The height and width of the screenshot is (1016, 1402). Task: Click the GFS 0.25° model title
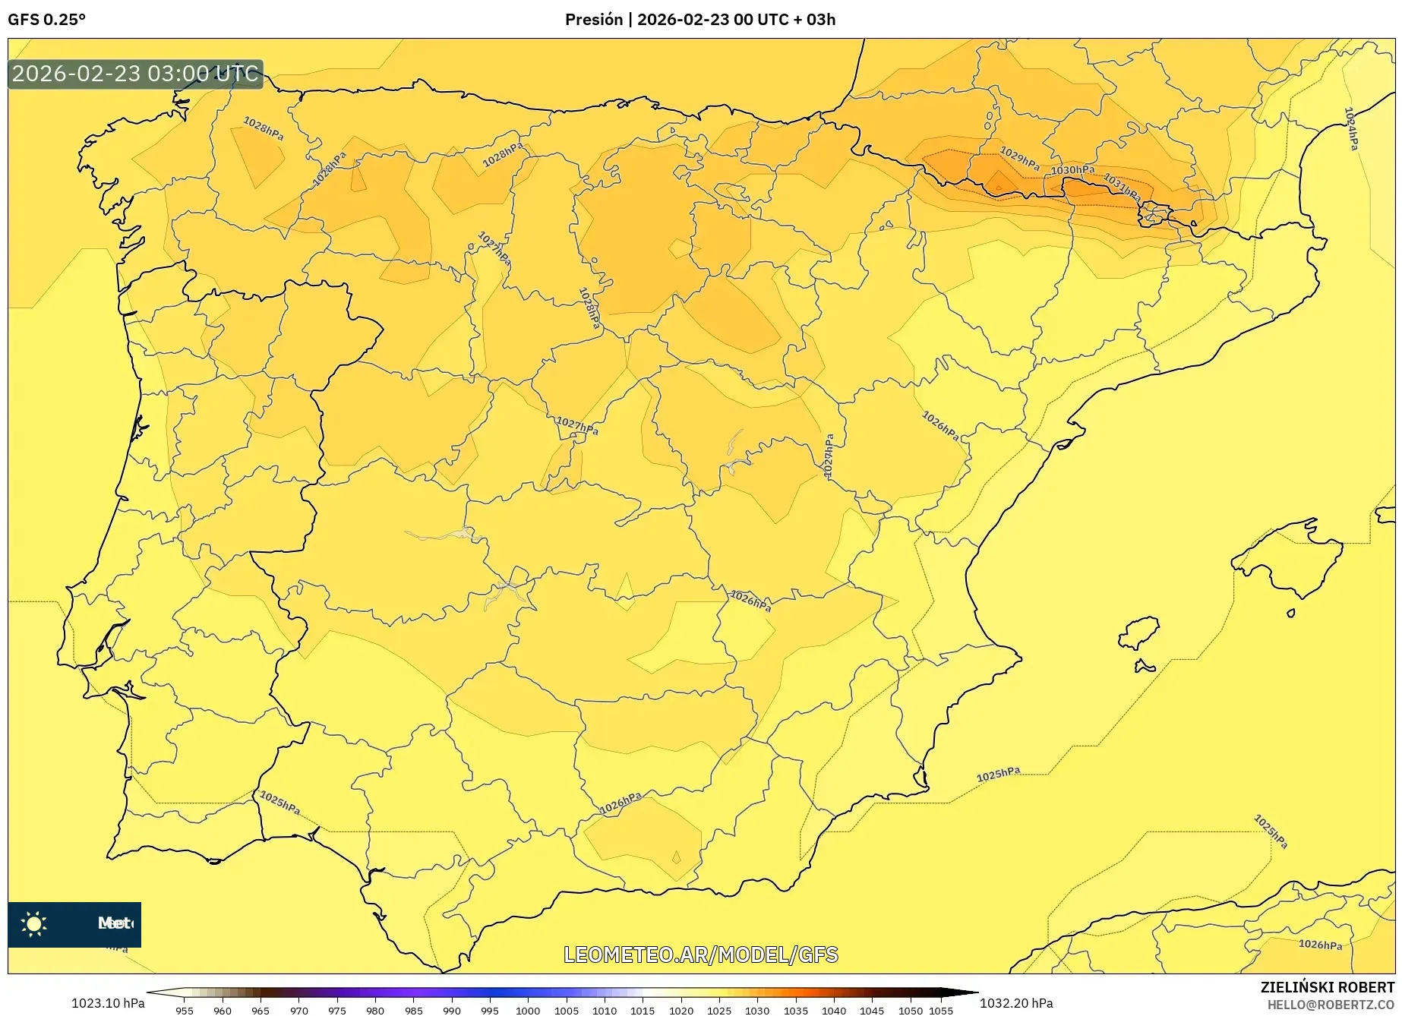[x=46, y=20]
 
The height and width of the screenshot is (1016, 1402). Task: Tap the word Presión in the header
[x=593, y=20]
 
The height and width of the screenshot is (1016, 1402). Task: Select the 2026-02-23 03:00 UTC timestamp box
[x=136, y=74]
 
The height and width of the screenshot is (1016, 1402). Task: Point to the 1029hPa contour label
[x=1019, y=157]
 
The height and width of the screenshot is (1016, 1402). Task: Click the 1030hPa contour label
[x=1072, y=170]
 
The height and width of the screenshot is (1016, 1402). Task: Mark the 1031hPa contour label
[x=1122, y=187]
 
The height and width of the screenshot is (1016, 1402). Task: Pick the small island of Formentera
[x=1144, y=667]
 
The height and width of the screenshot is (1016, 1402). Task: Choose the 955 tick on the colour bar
[x=185, y=1010]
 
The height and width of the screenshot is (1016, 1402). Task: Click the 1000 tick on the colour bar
[x=528, y=1010]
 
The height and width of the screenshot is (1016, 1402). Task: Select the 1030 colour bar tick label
[x=757, y=1010]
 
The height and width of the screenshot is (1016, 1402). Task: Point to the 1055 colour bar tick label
[x=941, y=1010]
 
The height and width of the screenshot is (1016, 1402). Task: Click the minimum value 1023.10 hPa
[x=108, y=1003]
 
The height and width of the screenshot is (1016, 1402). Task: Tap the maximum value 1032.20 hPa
[x=1016, y=1003]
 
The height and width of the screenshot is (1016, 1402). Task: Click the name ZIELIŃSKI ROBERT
[x=1328, y=987]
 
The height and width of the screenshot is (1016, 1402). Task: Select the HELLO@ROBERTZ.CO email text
[x=1331, y=1005]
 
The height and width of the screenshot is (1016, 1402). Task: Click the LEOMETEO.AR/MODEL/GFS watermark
[x=700, y=954]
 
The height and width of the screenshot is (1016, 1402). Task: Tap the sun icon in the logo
[x=34, y=923]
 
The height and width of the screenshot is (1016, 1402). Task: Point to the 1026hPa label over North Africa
[x=1320, y=945]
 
